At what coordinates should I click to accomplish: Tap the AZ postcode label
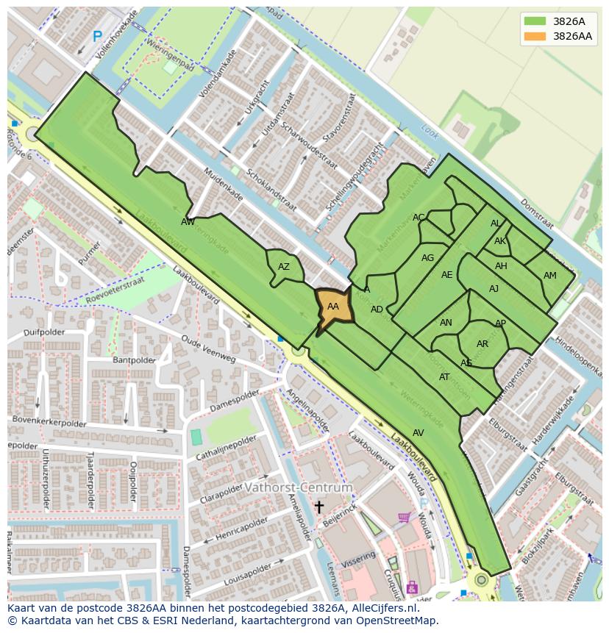coord(284,267)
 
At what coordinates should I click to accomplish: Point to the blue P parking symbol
coord(97,36)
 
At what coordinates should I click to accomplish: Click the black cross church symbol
coord(319,507)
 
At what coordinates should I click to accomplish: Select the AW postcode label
coord(188,221)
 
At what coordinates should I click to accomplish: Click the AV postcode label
coord(419,433)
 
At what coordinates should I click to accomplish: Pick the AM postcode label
coord(550,276)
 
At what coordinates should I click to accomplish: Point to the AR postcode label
coord(482,344)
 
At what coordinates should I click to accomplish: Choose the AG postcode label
coord(427,258)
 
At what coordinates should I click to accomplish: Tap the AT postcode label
coord(444,377)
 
